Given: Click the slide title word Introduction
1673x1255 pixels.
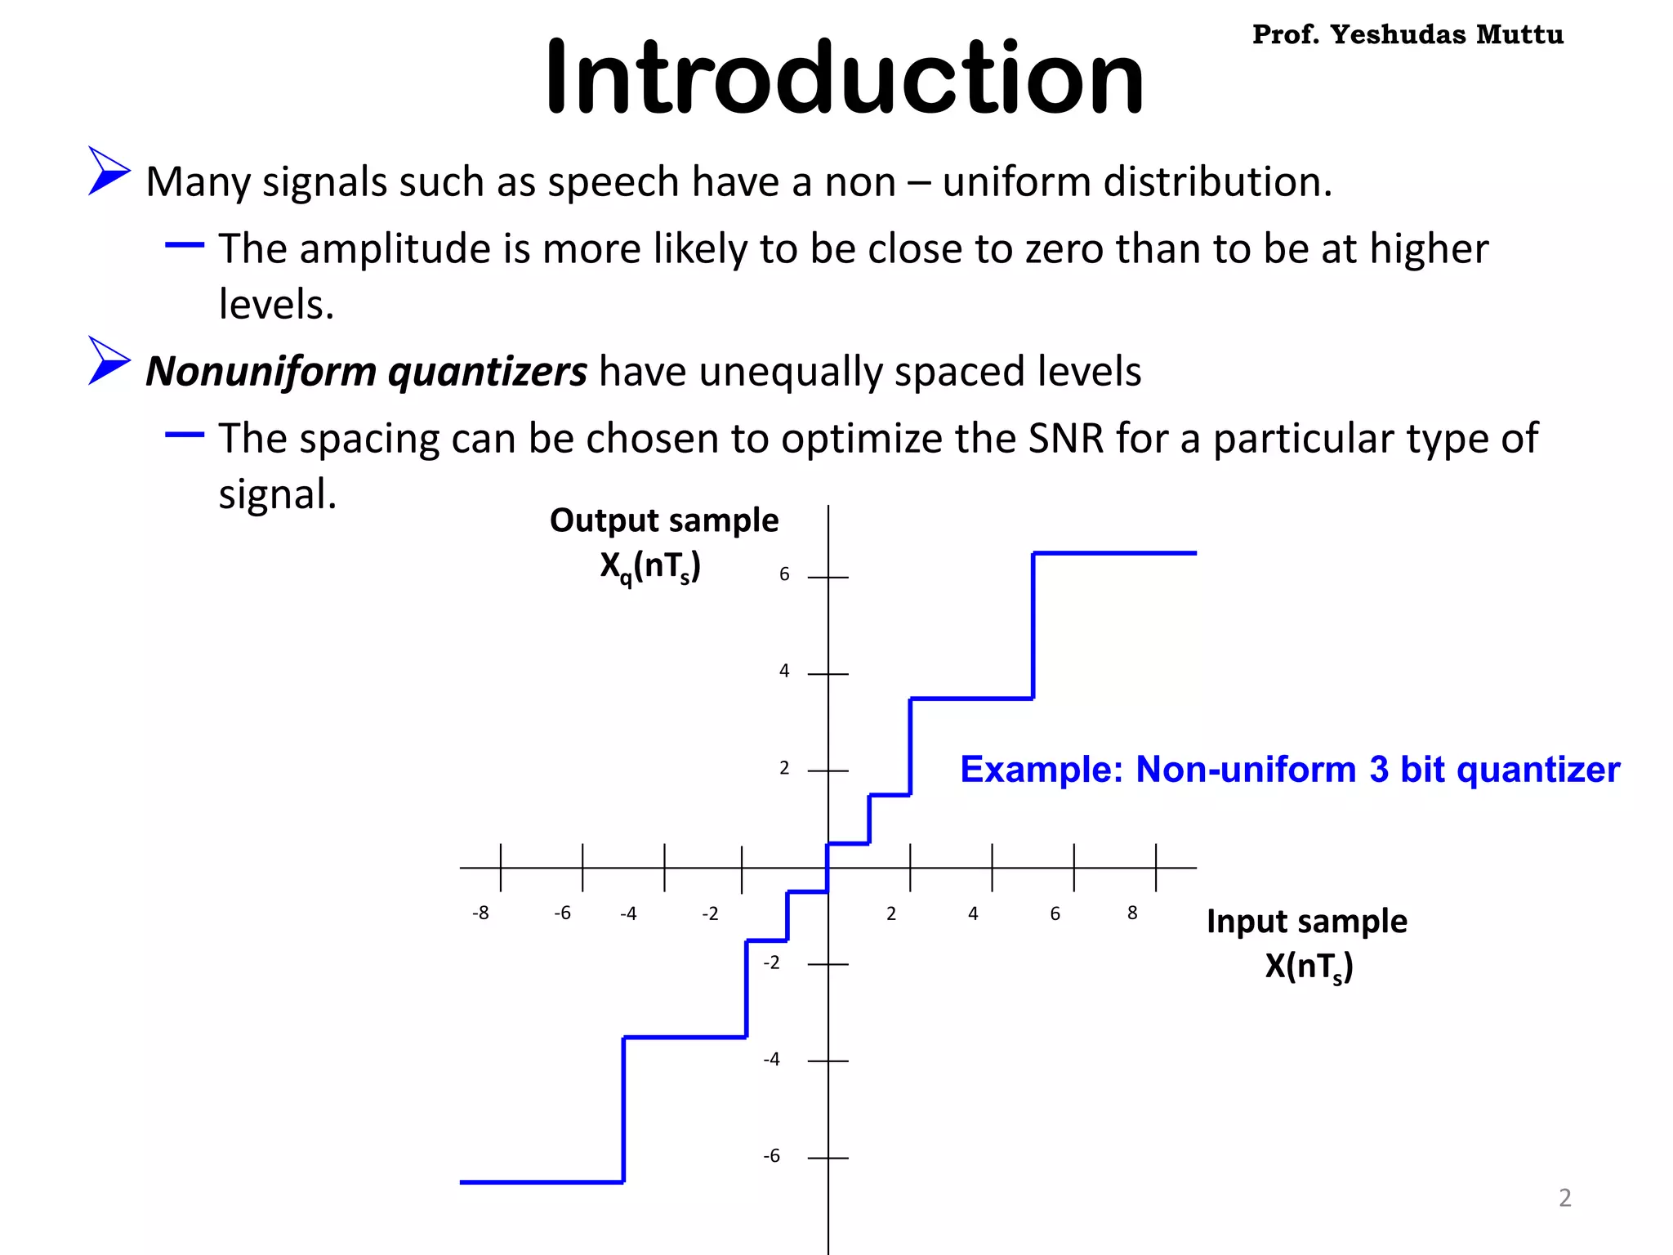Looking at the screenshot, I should (x=844, y=78).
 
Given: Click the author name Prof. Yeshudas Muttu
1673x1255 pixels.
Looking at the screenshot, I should (x=1408, y=34).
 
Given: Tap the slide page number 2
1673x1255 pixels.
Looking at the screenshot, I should (x=1564, y=1198).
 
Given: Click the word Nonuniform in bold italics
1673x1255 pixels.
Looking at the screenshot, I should (x=260, y=371).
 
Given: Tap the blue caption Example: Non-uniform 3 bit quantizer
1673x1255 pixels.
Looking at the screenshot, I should (x=1289, y=770).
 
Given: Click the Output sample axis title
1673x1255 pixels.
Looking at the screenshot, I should (x=663, y=521).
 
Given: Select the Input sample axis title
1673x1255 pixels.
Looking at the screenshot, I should (x=1307, y=922).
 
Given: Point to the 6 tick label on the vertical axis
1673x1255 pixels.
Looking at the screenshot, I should (x=784, y=574).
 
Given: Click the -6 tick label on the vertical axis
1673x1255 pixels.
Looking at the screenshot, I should (x=771, y=1156).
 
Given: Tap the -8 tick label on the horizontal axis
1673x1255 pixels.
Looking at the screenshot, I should (x=480, y=913).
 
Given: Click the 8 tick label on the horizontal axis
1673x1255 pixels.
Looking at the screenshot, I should (x=1132, y=913).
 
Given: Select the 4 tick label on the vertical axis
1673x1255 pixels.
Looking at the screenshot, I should (x=784, y=671).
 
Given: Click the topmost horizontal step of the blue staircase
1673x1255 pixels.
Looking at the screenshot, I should (x=1114, y=553).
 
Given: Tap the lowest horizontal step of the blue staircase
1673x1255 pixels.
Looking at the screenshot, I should (x=542, y=1181).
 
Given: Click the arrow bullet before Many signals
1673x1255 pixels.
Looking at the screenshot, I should (x=108, y=171).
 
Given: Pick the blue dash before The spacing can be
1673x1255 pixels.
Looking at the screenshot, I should (x=185, y=435).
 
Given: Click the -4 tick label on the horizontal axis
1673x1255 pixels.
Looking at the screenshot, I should (x=628, y=913).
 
